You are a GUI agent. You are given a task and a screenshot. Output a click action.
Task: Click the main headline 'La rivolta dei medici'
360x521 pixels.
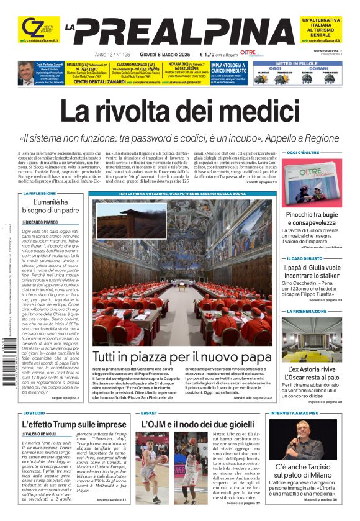point(180,114)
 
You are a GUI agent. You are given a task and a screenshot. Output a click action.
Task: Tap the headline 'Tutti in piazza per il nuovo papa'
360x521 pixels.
point(182,358)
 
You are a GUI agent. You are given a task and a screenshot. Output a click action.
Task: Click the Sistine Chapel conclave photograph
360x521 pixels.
point(182,273)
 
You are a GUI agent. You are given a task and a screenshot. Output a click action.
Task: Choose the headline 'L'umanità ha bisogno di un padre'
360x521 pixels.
point(52,206)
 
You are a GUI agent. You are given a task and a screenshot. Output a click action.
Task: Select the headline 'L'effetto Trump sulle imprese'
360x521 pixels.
point(74,425)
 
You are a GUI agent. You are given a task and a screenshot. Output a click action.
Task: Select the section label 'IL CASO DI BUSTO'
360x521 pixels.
point(305,258)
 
